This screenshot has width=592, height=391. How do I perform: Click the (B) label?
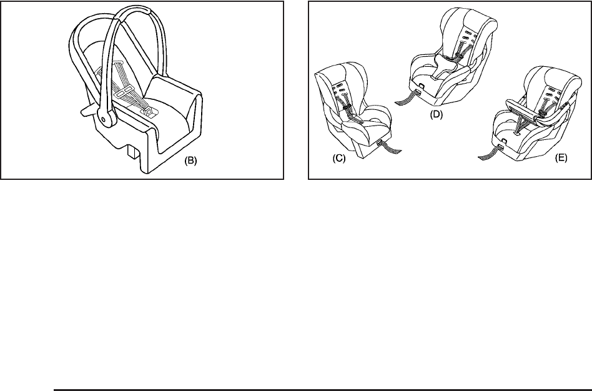click(x=190, y=161)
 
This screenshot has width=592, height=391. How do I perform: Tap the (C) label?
click(x=338, y=158)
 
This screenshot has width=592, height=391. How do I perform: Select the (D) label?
click(x=437, y=114)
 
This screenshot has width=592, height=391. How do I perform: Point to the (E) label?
click(x=561, y=157)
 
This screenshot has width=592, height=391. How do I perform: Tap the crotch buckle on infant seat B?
click(x=149, y=111)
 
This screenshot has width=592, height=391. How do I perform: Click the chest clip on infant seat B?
click(x=124, y=91)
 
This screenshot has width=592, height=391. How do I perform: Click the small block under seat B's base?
click(x=132, y=151)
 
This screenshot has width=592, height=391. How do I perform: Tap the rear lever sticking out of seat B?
click(x=87, y=111)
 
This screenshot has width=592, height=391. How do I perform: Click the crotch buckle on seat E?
click(x=516, y=133)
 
